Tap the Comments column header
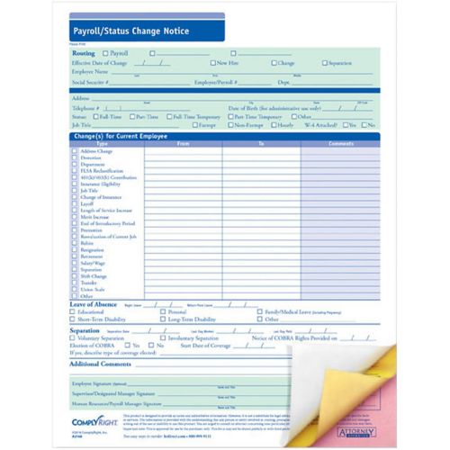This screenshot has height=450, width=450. point(341,144)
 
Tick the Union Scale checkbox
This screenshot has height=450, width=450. point(75,288)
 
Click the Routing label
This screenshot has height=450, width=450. point(84,53)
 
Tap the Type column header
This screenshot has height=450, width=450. point(102,144)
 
